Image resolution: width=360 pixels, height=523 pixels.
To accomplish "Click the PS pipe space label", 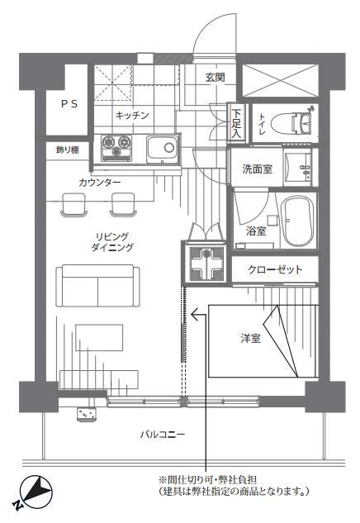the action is (x=69, y=104).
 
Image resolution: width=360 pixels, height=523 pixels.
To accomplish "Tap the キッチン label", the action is (x=132, y=116).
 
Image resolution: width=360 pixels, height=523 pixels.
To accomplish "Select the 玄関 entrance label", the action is (x=215, y=78).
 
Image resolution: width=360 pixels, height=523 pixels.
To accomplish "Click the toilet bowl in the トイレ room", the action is (x=291, y=123).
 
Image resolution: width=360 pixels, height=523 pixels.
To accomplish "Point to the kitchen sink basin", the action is (x=162, y=149).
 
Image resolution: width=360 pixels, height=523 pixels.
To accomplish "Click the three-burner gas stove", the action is (x=116, y=148).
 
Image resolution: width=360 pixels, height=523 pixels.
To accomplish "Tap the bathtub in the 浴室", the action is (x=297, y=221).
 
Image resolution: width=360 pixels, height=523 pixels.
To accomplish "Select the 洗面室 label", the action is (x=257, y=169).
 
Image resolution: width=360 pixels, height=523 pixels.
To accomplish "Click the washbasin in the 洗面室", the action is (x=298, y=167).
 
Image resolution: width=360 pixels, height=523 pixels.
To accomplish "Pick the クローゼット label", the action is (x=275, y=269).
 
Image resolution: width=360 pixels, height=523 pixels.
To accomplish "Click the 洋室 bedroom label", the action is (x=251, y=338).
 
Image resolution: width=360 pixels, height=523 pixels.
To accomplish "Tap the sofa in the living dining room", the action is (x=97, y=286).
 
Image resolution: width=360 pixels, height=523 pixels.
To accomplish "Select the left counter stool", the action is (x=74, y=205).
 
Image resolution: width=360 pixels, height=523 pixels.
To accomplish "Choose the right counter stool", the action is (x=123, y=205).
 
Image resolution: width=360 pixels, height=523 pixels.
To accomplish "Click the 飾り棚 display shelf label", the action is (x=68, y=150).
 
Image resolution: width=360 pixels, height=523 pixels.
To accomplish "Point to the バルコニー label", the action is (x=163, y=435).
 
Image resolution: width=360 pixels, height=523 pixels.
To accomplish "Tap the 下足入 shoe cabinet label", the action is (x=236, y=124).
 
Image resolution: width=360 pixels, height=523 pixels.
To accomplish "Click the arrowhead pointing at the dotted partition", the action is (x=195, y=314).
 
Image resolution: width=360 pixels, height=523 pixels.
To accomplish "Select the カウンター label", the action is (x=100, y=183).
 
